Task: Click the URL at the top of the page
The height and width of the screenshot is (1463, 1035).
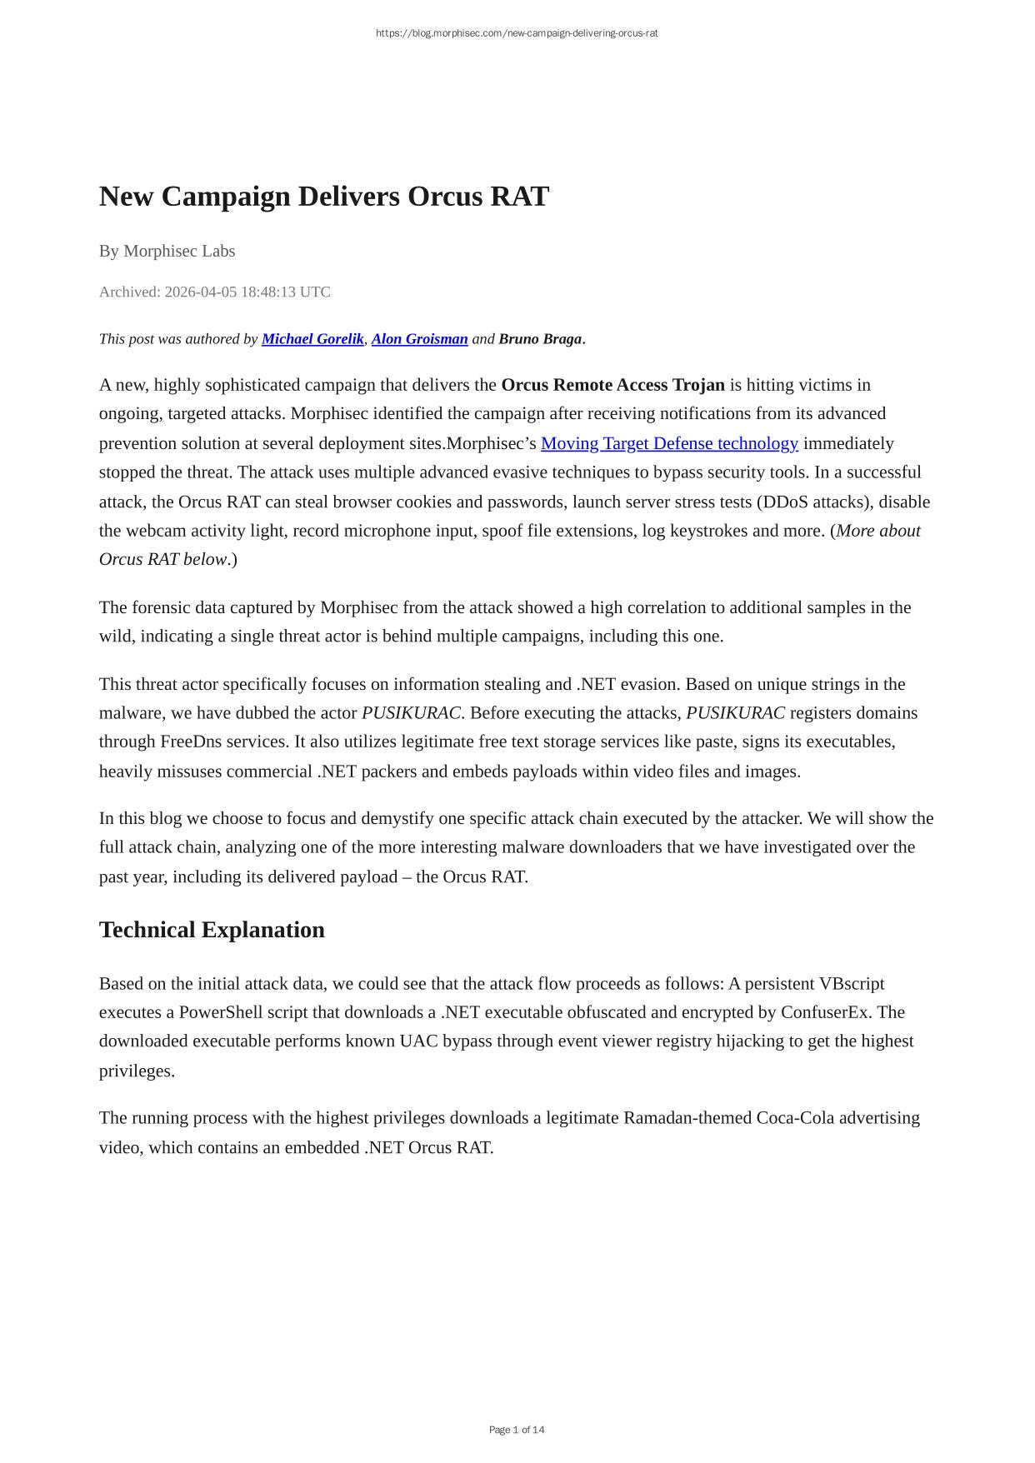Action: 517,33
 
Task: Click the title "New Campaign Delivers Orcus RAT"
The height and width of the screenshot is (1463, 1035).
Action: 323,197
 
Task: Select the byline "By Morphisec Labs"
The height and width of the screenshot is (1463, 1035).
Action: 167,251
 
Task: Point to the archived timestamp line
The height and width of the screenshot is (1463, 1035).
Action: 214,292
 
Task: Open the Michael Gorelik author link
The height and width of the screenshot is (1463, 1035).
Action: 312,339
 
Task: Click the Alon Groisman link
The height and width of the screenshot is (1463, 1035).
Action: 419,339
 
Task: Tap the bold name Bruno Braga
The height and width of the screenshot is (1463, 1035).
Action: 540,339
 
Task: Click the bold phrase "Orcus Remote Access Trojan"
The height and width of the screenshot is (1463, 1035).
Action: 612,385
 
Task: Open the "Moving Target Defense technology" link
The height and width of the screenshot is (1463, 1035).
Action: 669,443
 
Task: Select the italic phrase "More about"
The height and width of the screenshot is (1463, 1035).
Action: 878,531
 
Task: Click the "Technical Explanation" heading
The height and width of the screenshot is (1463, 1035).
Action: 212,930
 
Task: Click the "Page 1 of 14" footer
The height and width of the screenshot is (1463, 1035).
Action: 517,1430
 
